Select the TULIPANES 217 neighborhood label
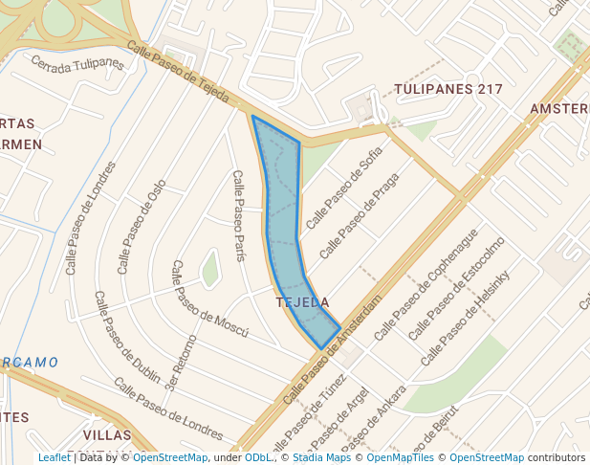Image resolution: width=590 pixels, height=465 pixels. click(448, 89)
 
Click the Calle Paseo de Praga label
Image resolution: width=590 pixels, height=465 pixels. click(359, 216)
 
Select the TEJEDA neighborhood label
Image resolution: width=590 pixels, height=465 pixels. click(302, 302)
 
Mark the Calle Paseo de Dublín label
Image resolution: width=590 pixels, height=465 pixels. click(127, 336)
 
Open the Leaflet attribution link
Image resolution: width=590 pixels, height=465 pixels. click(54, 457)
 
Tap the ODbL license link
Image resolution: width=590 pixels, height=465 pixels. click(258, 457)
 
